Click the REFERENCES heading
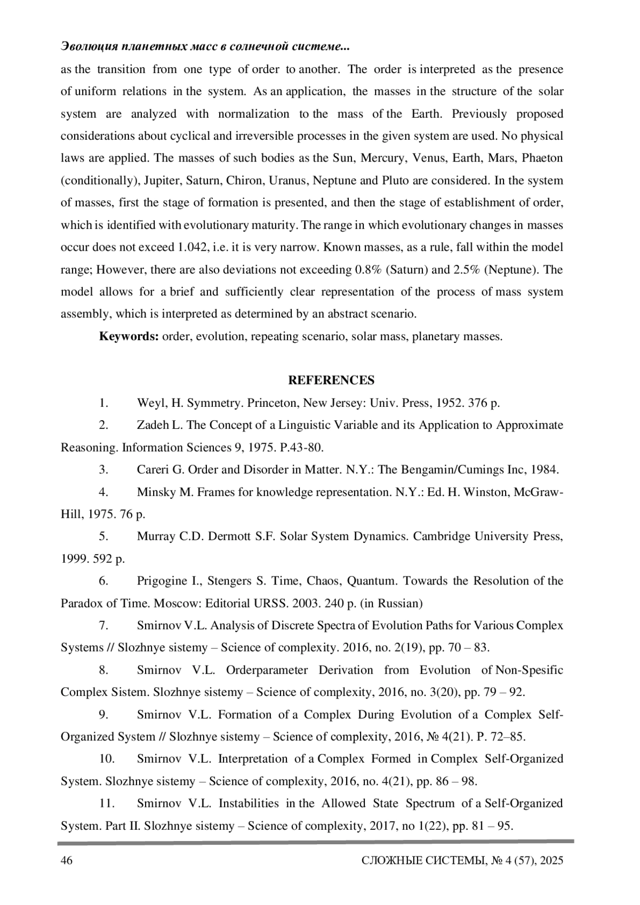[331, 380]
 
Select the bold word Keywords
[129, 337]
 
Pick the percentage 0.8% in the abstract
[367, 270]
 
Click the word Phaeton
[542, 158]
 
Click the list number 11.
[108, 803]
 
